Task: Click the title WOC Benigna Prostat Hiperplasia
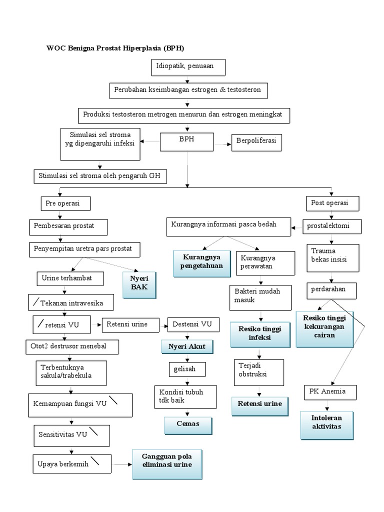coord(115,48)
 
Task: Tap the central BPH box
coord(186,141)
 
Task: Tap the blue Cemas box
coord(188,424)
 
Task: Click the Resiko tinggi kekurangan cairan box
coord(324,328)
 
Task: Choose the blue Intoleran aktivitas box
coord(326,423)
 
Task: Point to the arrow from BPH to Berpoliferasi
coord(222,142)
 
